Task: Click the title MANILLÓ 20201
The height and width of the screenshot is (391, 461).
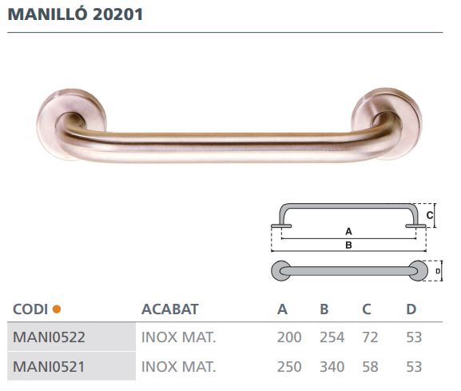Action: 76,14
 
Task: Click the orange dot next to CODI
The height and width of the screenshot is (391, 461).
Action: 57,309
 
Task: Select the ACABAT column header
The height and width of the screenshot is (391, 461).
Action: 169,309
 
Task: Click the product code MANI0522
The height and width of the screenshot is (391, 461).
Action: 49,337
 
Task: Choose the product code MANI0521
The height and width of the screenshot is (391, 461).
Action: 49,367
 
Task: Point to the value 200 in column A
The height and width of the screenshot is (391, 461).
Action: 289,337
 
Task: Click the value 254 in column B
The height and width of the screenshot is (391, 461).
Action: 332,337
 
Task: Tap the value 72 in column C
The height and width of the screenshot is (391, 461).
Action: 370,337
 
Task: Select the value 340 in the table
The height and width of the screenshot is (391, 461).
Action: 332,367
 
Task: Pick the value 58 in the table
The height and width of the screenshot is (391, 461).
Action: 370,367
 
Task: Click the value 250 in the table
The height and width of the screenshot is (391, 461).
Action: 289,367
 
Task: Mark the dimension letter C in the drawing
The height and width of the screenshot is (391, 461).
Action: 429,215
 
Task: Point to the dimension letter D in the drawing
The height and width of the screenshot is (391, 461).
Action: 438,272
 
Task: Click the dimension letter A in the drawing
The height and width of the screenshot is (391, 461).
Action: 348,231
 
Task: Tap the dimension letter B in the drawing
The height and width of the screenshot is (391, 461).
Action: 348,245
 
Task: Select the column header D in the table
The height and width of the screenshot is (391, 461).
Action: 411,309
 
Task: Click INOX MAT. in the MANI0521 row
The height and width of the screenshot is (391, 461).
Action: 178,367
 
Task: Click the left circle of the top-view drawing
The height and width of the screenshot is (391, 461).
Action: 281,272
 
